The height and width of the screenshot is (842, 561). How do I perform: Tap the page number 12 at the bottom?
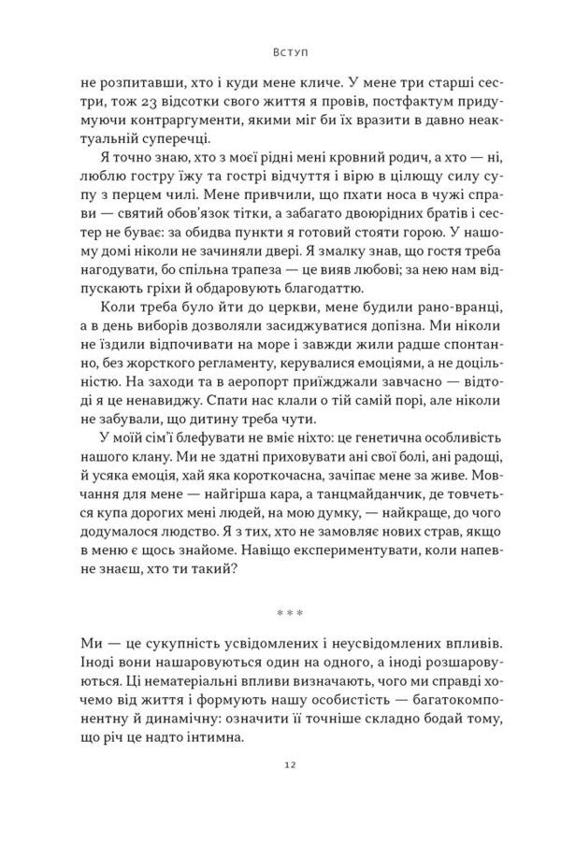tap(280, 792)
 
